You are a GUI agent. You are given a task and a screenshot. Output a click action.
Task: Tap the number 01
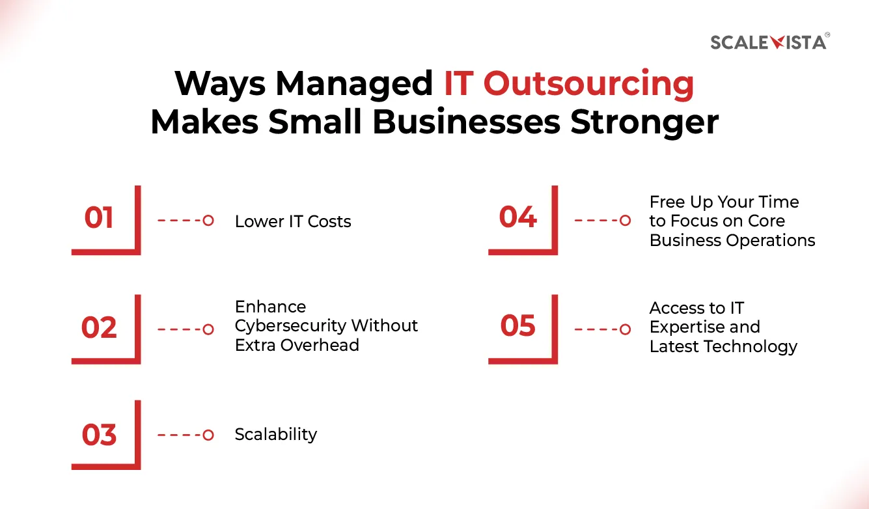[99, 218]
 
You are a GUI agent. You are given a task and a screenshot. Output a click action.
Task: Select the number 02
[99, 327]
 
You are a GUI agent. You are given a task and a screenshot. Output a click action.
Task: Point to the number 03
[99, 435]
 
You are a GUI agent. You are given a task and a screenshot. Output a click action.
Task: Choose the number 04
[518, 217]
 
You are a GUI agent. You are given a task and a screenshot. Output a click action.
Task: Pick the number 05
[518, 326]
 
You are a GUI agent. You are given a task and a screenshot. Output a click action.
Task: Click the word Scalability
[276, 434]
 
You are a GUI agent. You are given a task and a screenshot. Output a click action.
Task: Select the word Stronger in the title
[645, 122]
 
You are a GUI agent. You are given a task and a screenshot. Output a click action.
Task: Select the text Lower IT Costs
[293, 221]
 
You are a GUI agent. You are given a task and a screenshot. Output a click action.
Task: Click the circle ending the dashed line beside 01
[208, 221]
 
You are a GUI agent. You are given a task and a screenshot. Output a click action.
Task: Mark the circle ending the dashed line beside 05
[625, 329]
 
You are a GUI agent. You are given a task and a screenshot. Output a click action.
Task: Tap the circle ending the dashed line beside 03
[208, 435]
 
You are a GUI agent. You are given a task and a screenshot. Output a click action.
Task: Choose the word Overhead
[315, 345]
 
